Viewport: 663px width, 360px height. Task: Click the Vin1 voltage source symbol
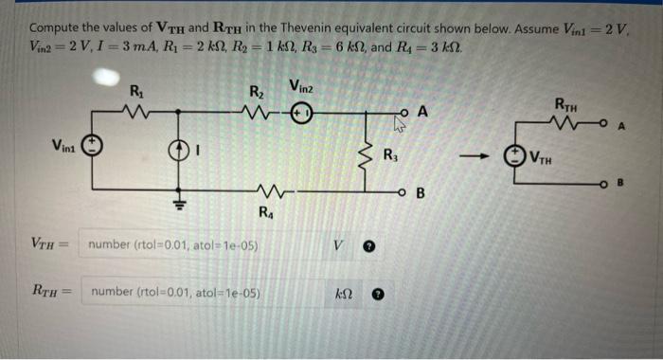[93, 147]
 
